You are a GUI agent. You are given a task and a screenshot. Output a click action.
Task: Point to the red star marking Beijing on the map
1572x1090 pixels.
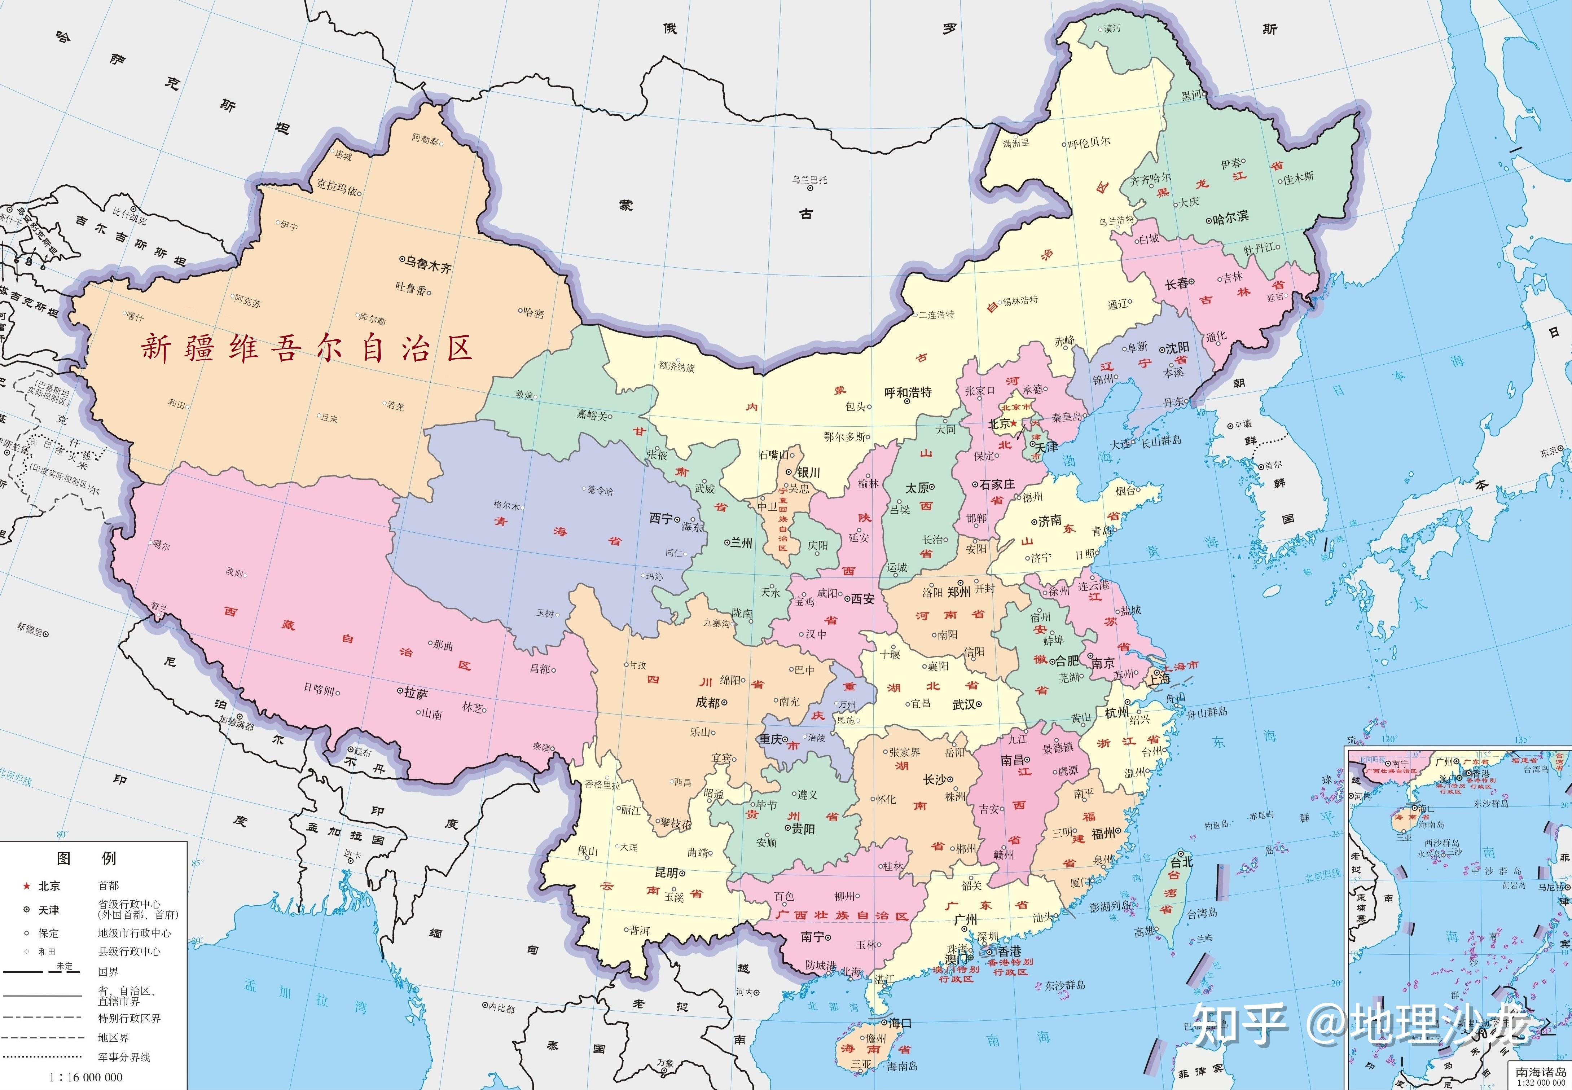(x=1014, y=423)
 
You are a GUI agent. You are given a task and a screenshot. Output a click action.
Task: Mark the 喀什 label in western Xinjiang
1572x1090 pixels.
(x=135, y=317)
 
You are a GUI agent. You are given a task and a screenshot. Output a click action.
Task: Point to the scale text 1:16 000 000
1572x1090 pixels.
(x=86, y=1077)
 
